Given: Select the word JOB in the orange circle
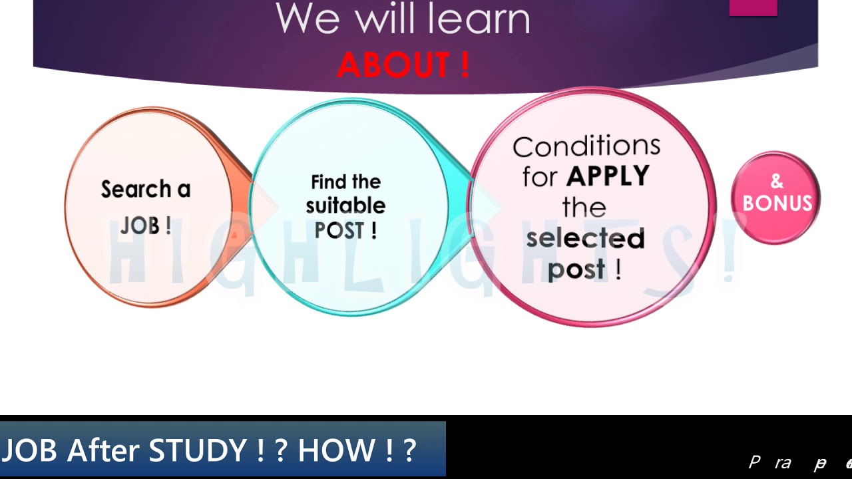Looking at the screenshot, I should click(x=140, y=226).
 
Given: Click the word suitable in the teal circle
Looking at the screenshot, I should click(x=345, y=206).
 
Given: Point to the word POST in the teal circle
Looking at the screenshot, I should click(x=339, y=230).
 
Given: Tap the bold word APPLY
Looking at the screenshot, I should click(x=608, y=176).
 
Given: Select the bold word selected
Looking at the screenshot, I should click(x=586, y=238).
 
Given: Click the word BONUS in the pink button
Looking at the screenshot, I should click(x=777, y=204).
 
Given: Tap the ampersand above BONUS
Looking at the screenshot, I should click(x=777, y=182).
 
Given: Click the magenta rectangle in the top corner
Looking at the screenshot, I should click(x=753, y=7).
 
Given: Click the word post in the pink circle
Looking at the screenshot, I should click(x=576, y=269).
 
